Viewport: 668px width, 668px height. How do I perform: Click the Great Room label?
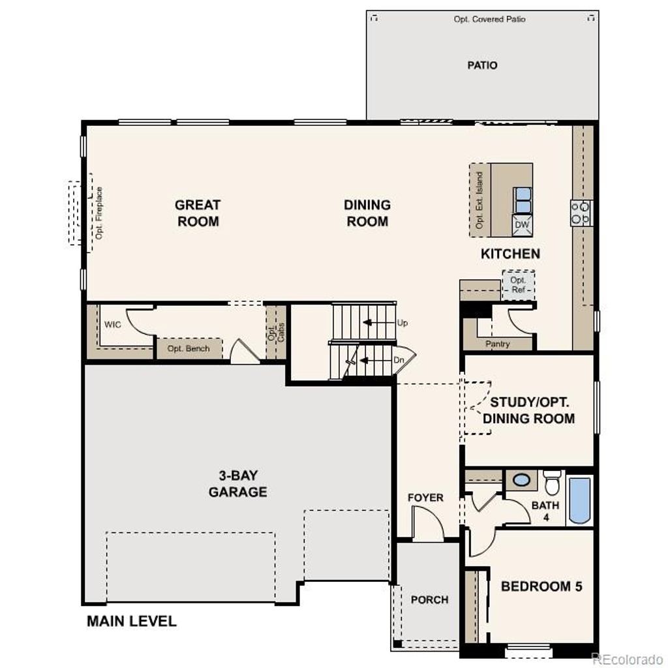198,213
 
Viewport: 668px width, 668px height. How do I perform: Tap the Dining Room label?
367,213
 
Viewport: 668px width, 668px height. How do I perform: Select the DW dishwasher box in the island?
522,225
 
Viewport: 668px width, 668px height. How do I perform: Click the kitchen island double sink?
523,200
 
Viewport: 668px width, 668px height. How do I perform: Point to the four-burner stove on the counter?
581,213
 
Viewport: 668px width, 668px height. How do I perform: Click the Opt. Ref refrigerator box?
518,285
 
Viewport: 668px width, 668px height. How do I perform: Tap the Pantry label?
498,344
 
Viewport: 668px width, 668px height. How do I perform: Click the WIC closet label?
112,324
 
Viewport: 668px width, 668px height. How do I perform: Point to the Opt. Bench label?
189,348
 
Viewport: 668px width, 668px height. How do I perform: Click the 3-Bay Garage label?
237,483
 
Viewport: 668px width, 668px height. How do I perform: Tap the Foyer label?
425,498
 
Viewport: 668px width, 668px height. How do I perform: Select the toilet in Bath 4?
552,482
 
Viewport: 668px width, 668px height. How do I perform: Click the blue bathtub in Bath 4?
579,500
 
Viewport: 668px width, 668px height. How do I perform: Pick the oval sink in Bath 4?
521,480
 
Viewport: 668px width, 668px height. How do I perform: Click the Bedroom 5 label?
541,586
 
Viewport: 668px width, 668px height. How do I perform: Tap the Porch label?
429,600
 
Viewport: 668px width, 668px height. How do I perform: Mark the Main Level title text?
132,621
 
